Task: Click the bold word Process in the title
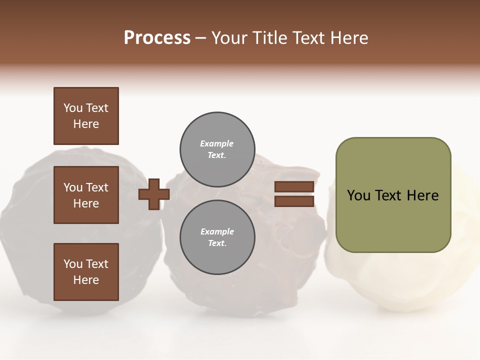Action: (x=157, y=38)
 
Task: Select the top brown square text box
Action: (x=86, y=116)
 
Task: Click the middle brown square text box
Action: (x=86, y=195)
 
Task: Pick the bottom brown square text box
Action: (x=86, y=272)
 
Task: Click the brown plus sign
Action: (x=154, y=194)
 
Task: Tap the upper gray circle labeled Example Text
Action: (x=217, y=149)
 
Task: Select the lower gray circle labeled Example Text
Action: (x=217, y=237)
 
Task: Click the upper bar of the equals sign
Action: (x=294, y=186)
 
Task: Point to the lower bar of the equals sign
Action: (x=294, y=201)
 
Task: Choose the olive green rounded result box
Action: (x=393, y=195)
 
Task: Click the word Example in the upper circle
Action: (x=217, y=143)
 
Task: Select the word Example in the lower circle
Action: (x=217, y=231)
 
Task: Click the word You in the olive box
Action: (x=359, y=195)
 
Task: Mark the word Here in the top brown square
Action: (x=86, y=124)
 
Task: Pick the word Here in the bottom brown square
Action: (x=86, y=280)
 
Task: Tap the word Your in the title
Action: (x=229, y=38)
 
